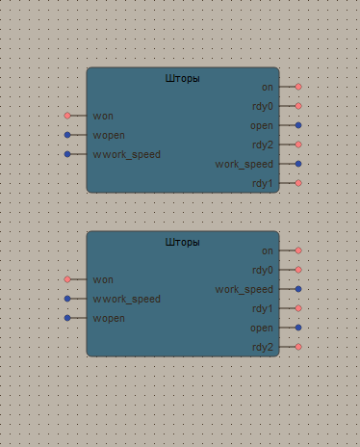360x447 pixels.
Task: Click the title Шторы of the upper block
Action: (183, 78)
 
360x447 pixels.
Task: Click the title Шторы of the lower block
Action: (183, 242)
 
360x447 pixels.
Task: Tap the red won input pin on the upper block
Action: (67, 116)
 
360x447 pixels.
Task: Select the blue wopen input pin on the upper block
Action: (67, 135)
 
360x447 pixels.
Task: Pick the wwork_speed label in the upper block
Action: (127, 154)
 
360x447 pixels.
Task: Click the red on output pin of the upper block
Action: (298, 87)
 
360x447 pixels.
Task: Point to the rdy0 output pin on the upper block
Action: (298, 106)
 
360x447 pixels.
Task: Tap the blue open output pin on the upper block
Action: (298, 125)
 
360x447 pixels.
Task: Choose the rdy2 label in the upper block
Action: (262, 145)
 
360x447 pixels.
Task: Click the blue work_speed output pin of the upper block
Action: (298, 164)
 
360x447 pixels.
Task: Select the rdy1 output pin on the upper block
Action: (298, 183)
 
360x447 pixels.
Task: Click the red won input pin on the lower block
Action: (67, 279)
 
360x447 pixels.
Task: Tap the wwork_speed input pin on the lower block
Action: (67, 299)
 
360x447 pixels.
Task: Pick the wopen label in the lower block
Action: (110, 318)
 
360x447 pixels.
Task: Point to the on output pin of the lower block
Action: (298, 250)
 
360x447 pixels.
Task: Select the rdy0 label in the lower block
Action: (262, 270)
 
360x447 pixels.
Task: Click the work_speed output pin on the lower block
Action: (298, 289)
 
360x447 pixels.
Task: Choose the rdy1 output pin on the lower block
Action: (298, 308)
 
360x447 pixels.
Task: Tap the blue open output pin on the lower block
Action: (298, 328)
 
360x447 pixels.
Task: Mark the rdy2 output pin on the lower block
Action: (298, 347)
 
